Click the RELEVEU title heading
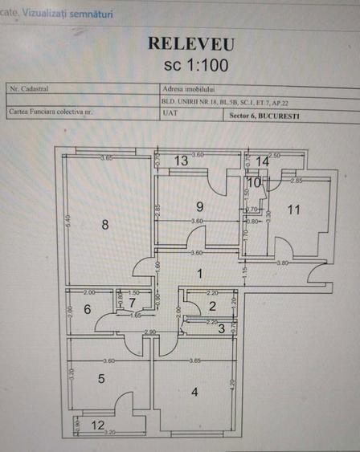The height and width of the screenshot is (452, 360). click(x=190, y=43)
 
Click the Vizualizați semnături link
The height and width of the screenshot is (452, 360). click(x=67, y=14)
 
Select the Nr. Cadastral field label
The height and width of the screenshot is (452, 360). click(x=27, y=88)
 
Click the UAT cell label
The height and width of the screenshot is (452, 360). click(x=170, y=114)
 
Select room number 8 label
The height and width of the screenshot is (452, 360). click(x=105, y=225)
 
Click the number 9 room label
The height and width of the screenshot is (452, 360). click(x=199, y=207)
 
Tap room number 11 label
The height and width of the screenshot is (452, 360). click(x=294, y=210)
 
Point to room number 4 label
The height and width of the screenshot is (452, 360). click(x=194, y=393)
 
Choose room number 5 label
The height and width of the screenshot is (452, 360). click(x=101, y=379)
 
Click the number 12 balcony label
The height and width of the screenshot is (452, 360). click(x=97, y=426)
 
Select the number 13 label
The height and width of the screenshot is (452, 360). click(x=182, y=161)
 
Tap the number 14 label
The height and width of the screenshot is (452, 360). click(x=263, y=161)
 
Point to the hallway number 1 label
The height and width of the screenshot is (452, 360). click(x=201, y=274)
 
